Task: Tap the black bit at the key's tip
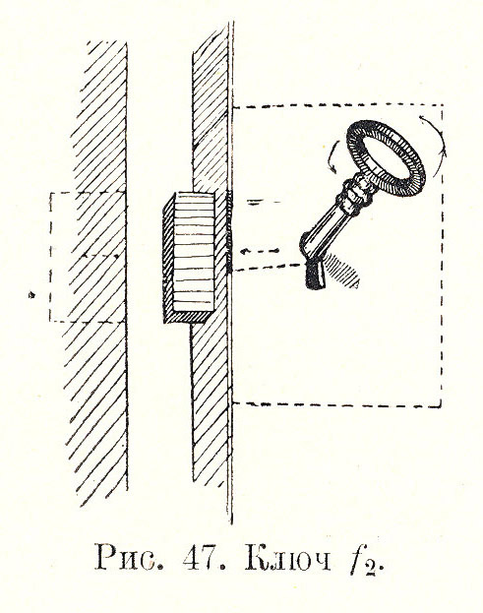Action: click(316, 276)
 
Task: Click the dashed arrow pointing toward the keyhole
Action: click(259, 251)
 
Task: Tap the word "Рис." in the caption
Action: click(129, 558)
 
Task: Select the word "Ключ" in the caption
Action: click(288, 558)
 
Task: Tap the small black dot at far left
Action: click(31, 294)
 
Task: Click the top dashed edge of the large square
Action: click(338, 105)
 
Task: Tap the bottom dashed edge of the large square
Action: click(337, 404)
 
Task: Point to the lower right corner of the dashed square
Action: click(442, 406)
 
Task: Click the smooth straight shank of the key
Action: click(324, 229)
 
